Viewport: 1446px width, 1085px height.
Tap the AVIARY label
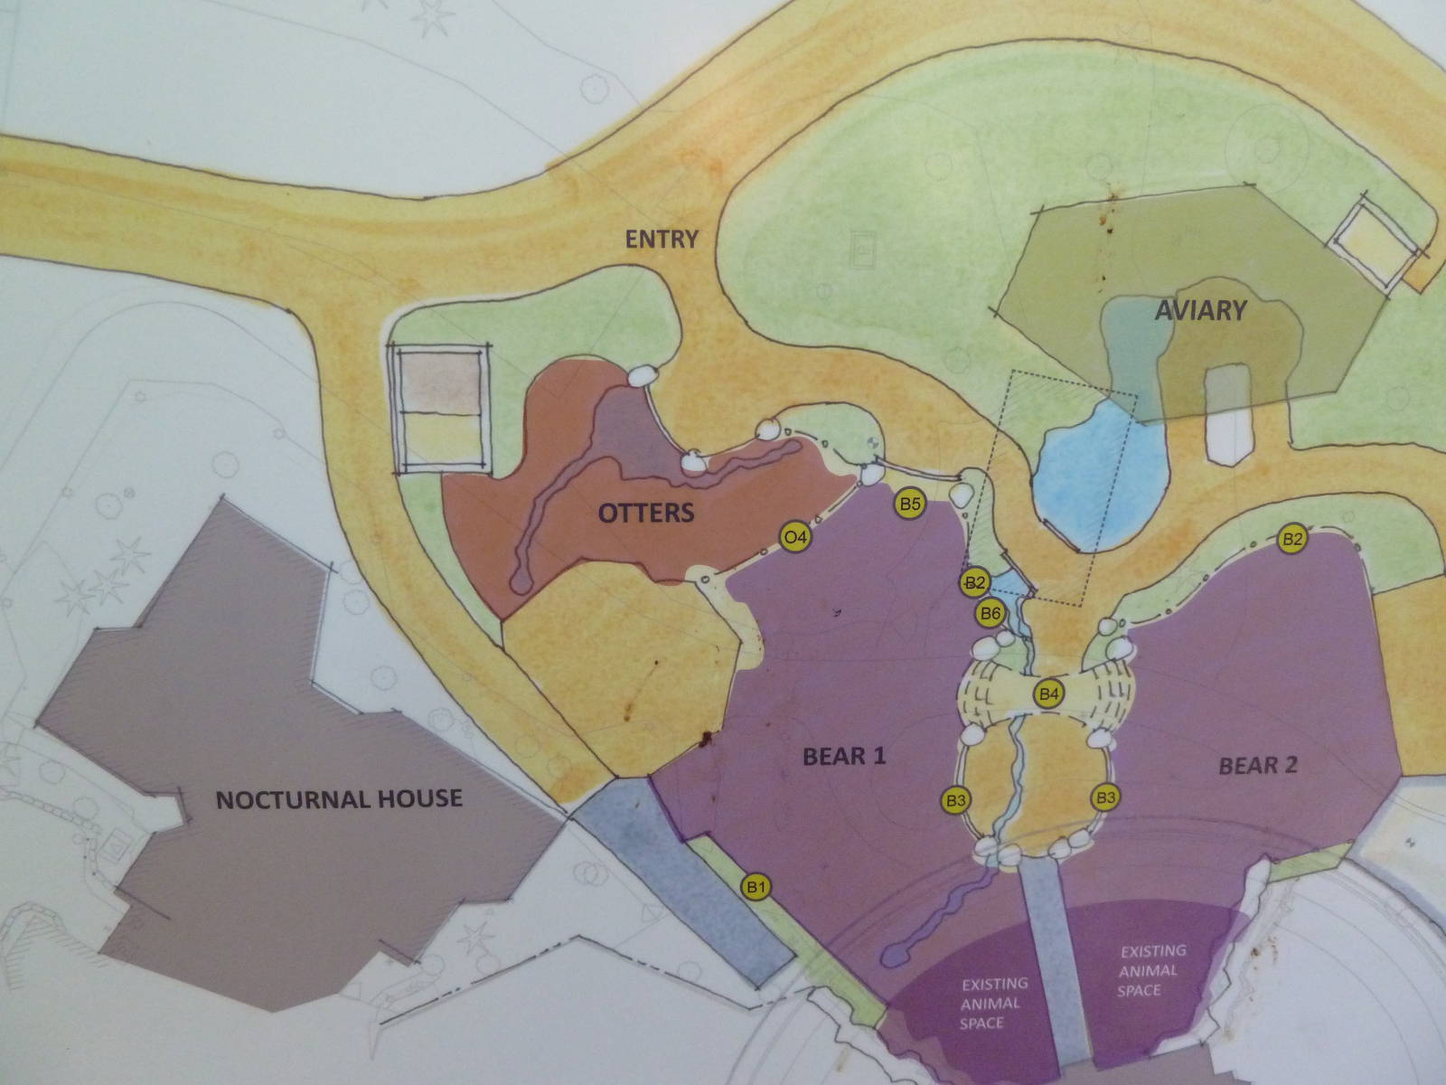click(1200, 311)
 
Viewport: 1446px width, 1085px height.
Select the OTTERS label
click(646, 514)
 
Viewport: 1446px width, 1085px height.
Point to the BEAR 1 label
click(844, 756)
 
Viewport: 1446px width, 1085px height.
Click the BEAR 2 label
click(1258, 766)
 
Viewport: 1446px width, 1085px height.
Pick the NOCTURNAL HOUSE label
click(339, 798)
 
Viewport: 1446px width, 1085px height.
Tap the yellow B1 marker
click(756, 887)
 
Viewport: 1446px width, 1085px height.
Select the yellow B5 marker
click(908, 505)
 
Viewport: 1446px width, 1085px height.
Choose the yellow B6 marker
click(991, 613)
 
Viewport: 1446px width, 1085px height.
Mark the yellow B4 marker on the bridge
click(1048, 694)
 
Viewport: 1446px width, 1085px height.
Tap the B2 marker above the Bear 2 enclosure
click(1293, 539)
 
